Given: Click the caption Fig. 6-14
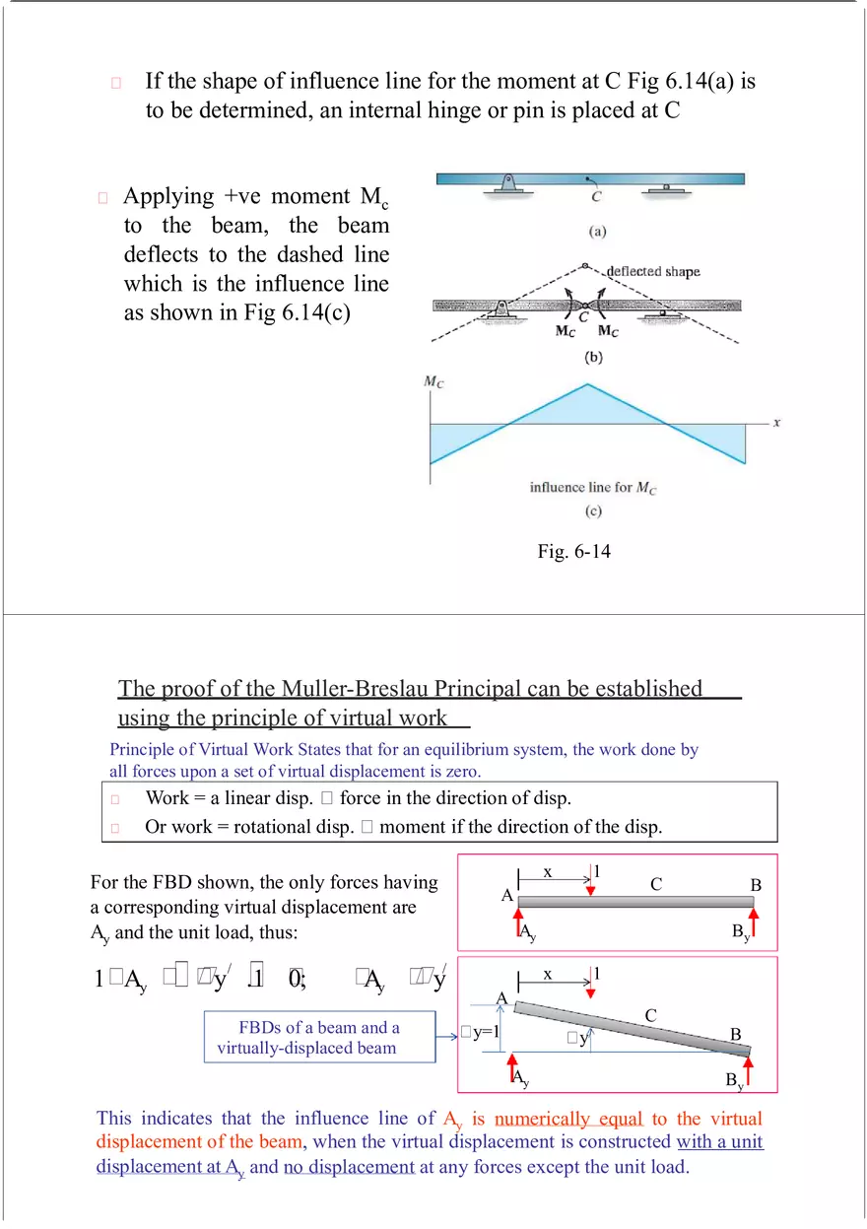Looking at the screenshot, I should [x=573, y=552].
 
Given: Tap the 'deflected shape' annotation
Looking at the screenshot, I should [x=652, y=272].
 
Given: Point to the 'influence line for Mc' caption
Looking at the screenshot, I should [x=593, y=488].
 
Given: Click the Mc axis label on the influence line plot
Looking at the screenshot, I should [x=433, y=382].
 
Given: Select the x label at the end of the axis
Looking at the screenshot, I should [x=776, y=422].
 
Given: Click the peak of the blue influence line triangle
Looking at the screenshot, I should [x=587, y=384].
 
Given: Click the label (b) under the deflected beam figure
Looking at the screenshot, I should [x=593, y=357].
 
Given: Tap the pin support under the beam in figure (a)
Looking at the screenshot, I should [x=507, y=184].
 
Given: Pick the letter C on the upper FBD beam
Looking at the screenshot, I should [x=655, y=885].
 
